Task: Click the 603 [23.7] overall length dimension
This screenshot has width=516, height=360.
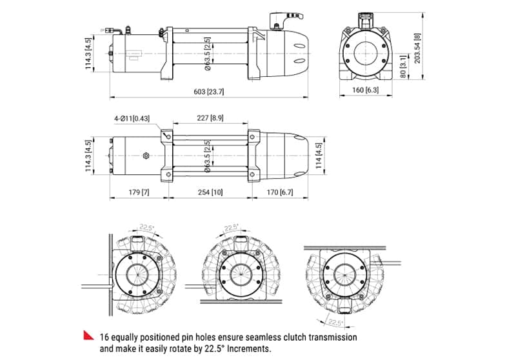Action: coord(208,92)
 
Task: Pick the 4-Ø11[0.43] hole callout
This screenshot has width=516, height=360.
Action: coord(132,118)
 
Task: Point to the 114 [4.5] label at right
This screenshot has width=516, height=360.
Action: coord(317,155)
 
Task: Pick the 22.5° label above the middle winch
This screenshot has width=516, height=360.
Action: coord(231,228)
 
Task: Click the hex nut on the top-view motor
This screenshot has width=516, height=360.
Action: coord(146,155)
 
